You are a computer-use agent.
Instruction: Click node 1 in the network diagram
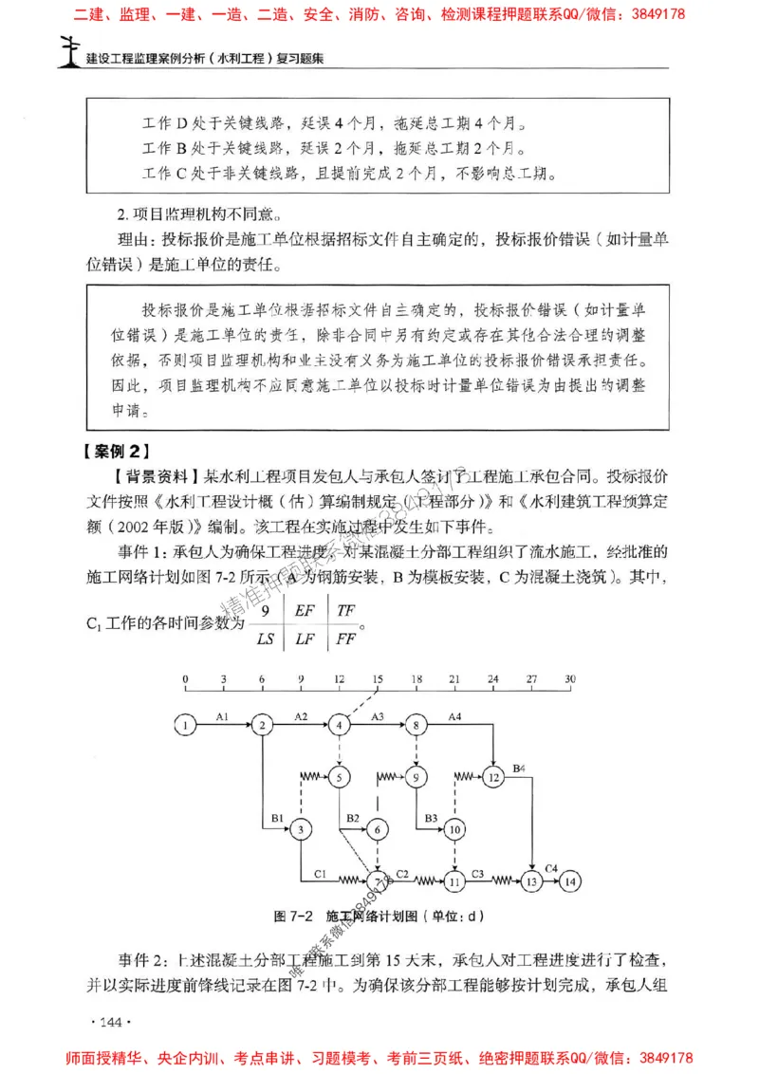tap(187, 726)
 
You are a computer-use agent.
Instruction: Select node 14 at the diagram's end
tap(569, 881)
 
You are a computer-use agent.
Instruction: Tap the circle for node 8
tap(417, 726)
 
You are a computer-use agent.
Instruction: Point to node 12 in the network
tap(494, 778)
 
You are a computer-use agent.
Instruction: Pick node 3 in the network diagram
tap(301, 830)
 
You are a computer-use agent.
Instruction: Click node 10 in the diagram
tap(455, 830)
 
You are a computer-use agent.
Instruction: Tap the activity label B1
tap(277, 817)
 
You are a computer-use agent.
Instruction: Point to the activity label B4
tap(519, 767)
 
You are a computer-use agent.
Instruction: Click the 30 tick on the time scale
tap(569, 680)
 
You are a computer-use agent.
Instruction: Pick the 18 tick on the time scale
tap(417, 680)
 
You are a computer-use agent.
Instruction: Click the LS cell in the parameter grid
tap(267, 639)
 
